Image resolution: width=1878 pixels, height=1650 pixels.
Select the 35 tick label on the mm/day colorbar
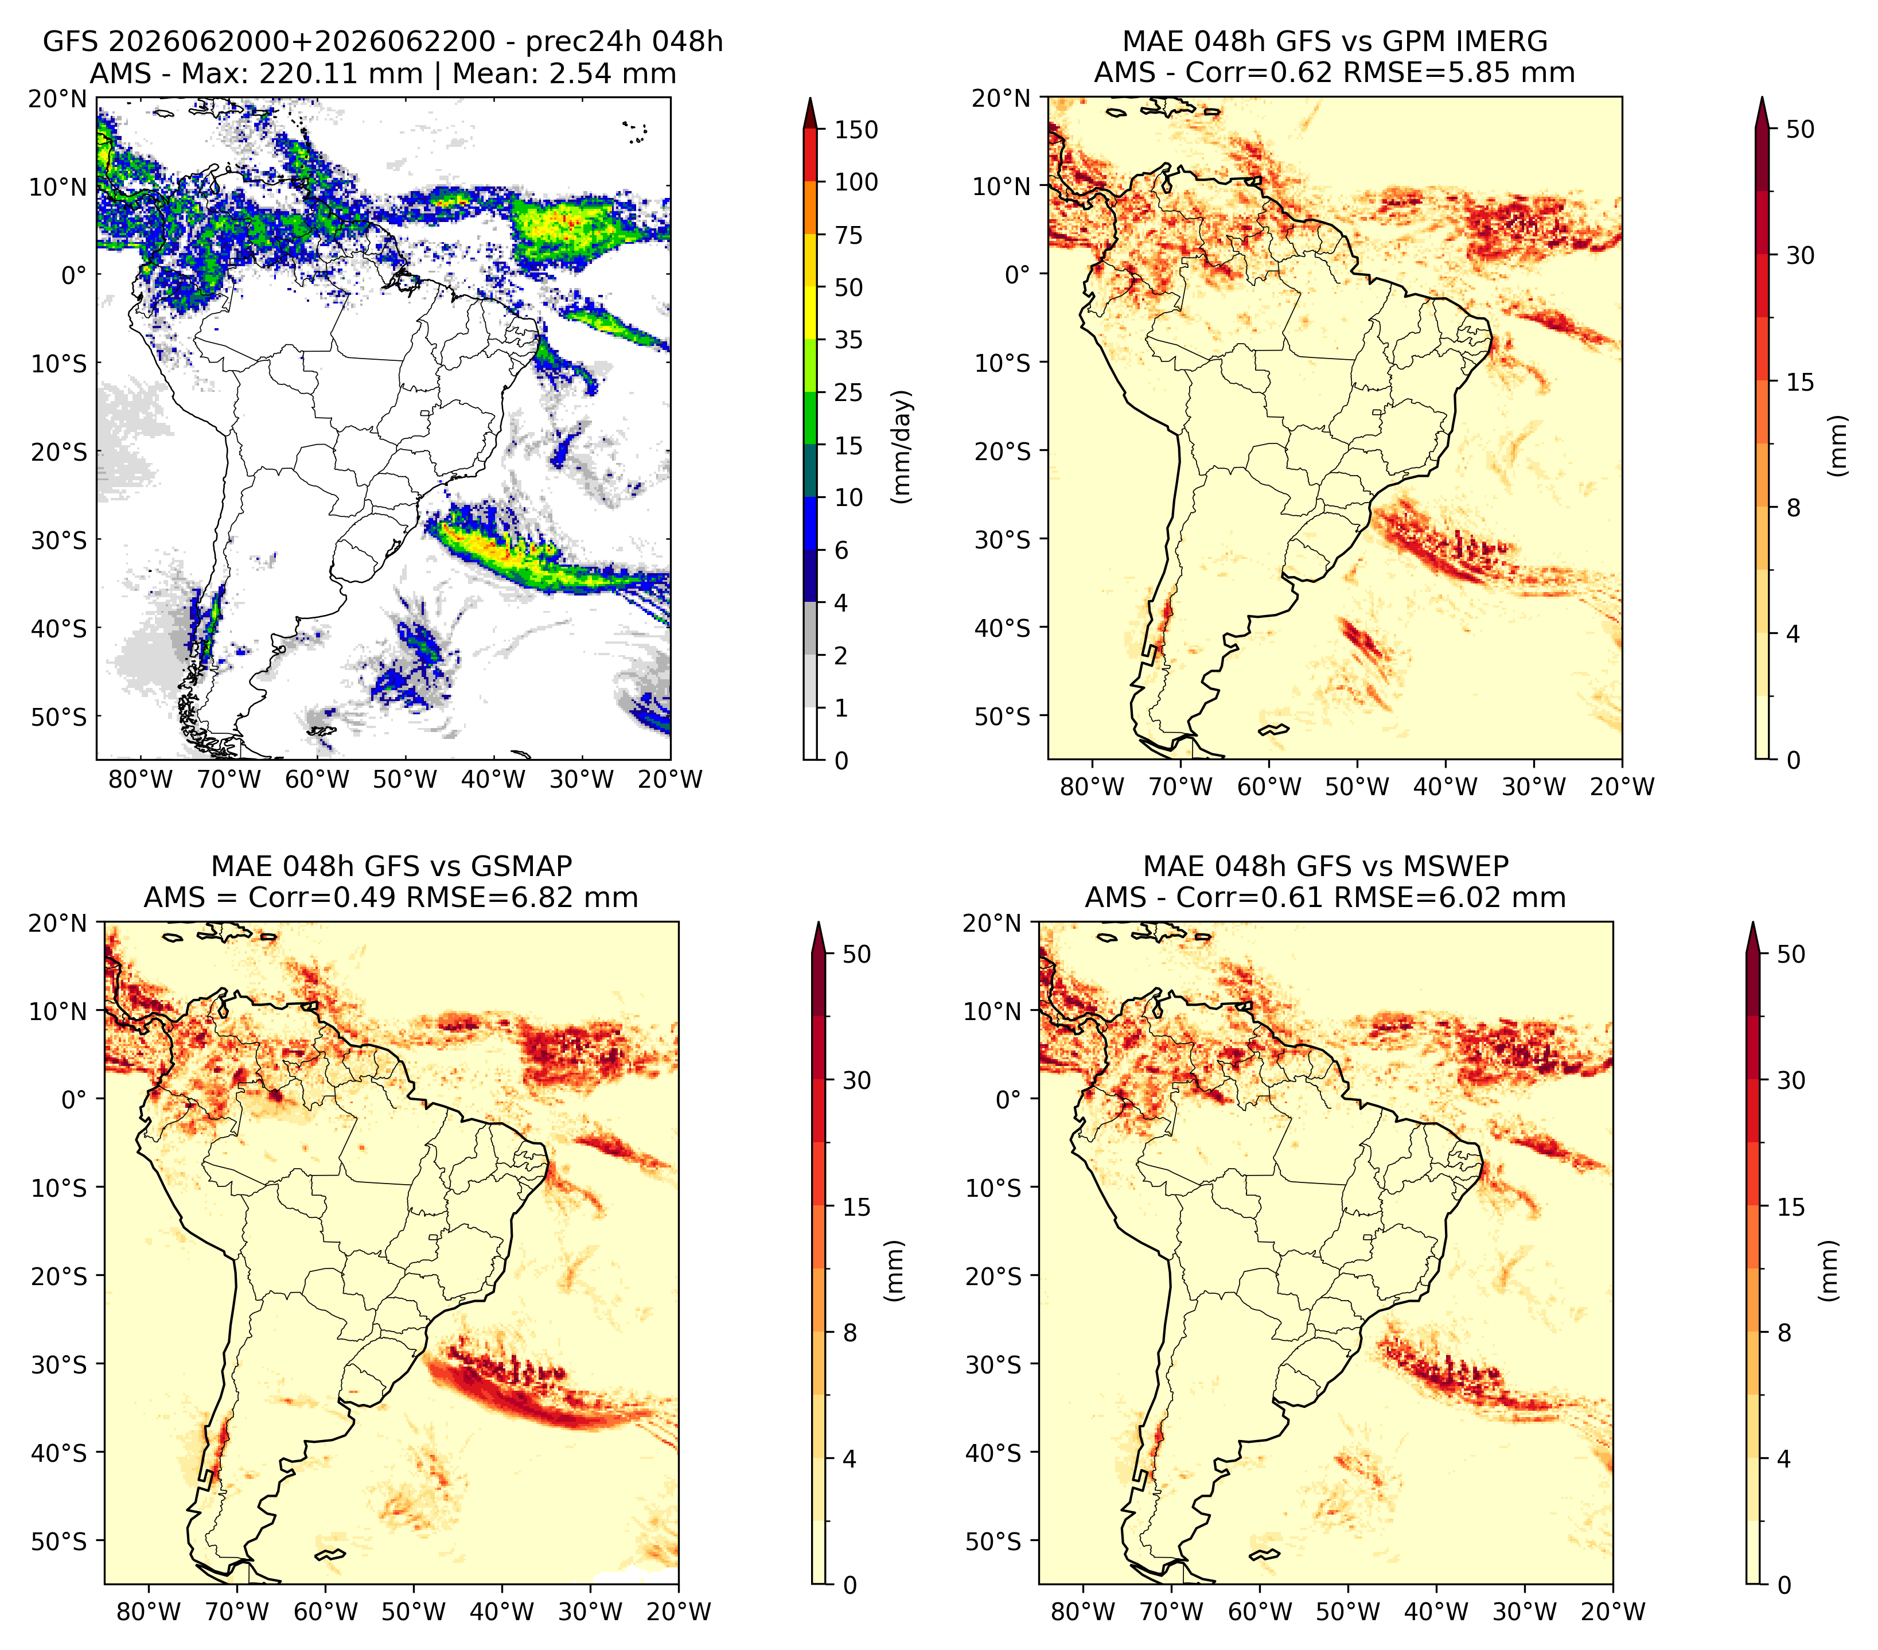pos(849,340)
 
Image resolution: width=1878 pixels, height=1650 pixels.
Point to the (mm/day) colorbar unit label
pos(902,446)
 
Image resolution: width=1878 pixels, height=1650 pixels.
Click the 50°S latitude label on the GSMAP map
pos(59,1540)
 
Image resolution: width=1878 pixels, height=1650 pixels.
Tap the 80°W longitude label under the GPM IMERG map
pos(1092,787)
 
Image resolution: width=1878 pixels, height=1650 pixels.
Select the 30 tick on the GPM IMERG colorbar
pos(1800,255)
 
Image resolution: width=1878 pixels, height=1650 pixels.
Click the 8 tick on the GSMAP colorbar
pos(850,1332)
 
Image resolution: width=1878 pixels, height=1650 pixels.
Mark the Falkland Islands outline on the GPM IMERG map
pos(1275,729)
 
